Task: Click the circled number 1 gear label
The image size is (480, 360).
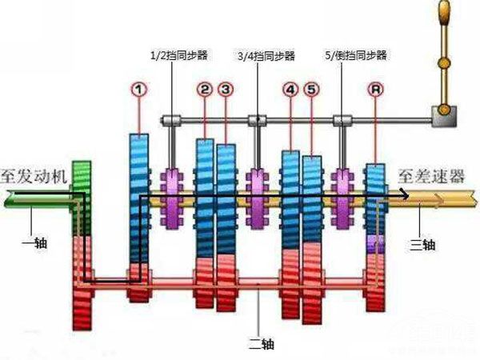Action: tap(141, 90)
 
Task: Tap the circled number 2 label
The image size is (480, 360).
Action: tap(205, 90)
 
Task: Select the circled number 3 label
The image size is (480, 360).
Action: tap(226, 90)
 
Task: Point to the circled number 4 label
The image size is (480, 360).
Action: tap(290, 90)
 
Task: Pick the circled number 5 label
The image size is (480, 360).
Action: tap(311, 90)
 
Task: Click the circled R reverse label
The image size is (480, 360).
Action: tap(375, 90)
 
